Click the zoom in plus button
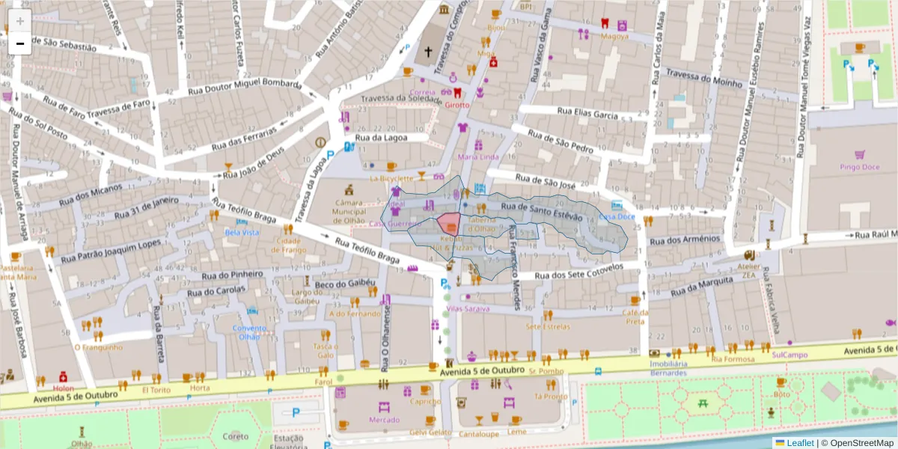20,21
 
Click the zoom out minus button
20,44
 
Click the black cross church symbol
428,52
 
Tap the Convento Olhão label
248,332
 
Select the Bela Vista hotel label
242,233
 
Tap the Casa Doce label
617,217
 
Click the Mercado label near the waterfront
384,420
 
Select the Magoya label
614,35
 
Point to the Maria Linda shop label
477,157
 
